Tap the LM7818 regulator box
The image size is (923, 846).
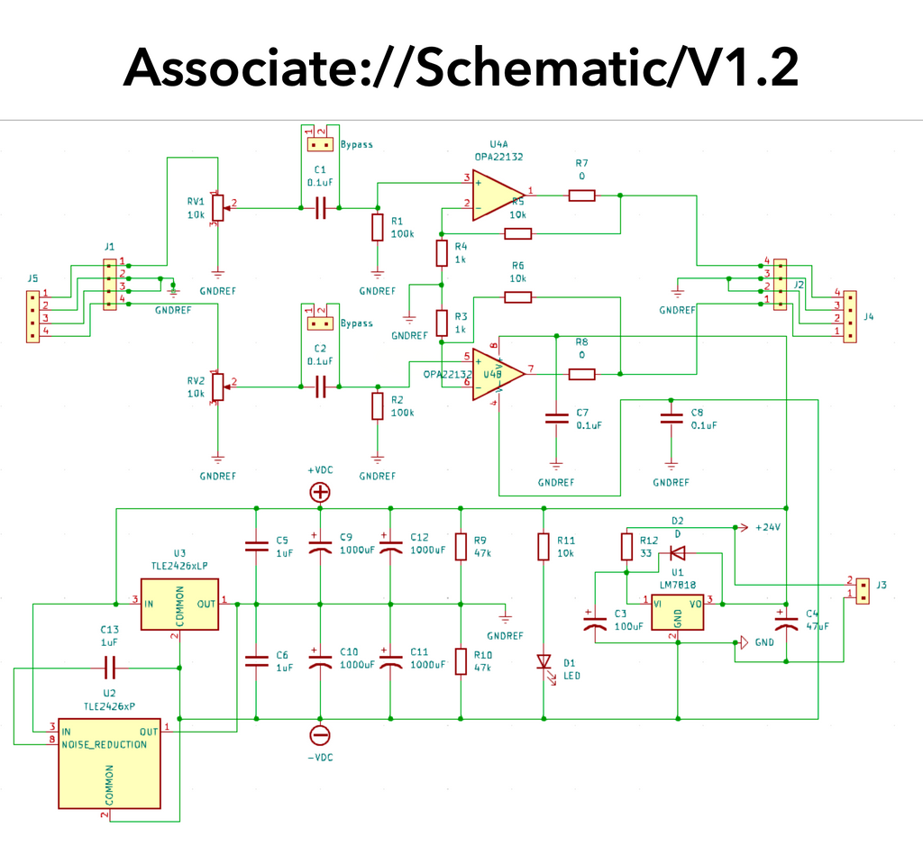[677, 613]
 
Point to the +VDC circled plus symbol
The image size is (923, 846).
[320, 492]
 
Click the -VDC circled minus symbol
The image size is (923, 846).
[320, 735]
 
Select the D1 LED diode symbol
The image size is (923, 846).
[544, 662]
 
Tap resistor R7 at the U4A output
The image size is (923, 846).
[581, 195]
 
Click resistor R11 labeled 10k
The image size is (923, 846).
[544, 546]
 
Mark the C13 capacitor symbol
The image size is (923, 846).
[109, 668]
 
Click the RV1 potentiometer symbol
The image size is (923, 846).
[217, 207]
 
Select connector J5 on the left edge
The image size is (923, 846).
[33, 316]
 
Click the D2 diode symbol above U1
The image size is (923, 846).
[678, 552]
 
